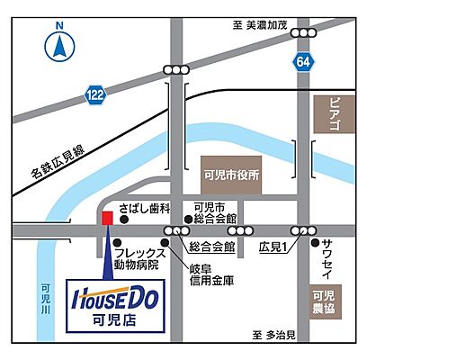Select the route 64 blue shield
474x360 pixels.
tap(304, 61)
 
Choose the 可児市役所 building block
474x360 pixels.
tap(231, 175)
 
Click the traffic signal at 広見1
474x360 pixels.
tap(305, 231)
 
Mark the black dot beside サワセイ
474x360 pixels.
tap(315, 243)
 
